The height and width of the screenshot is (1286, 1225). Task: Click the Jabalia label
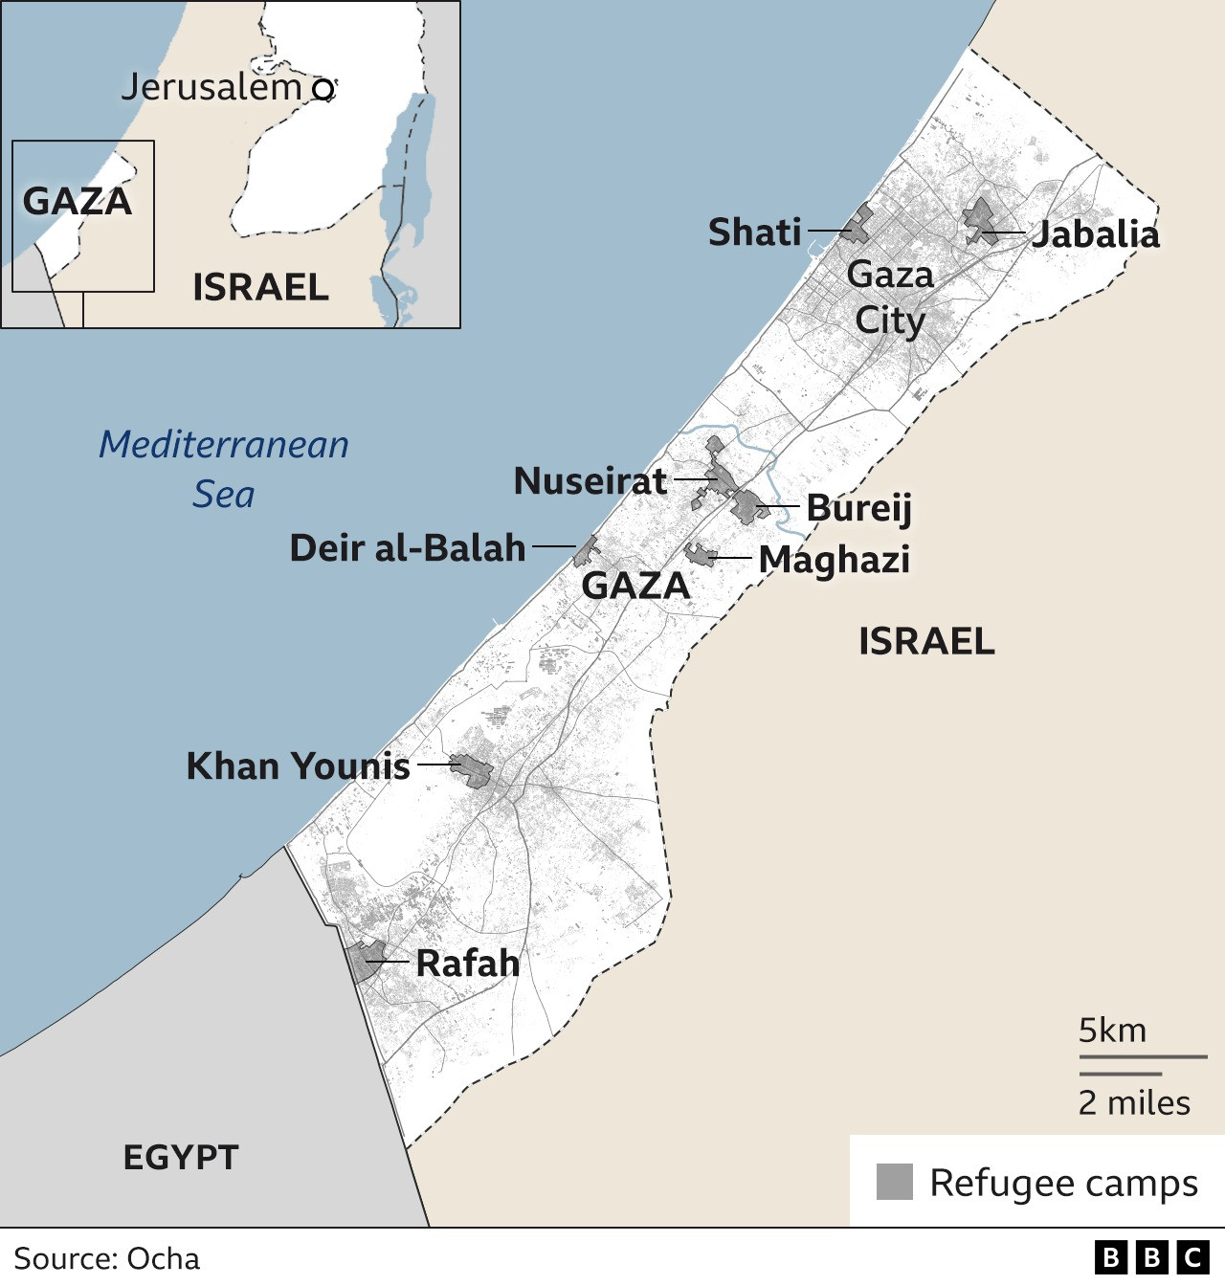pos(1095,234)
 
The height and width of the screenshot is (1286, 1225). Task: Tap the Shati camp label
pos(754,233)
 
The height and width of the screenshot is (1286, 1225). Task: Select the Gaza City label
pos(890,298)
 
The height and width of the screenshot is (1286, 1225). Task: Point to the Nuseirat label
pos(590,480)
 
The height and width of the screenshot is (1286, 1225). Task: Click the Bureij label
pos(858,507)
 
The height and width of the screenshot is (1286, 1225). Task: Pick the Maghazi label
pos(834,560)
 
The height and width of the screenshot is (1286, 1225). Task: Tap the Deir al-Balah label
pos(408,548)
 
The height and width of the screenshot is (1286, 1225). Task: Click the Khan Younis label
pos(298,766)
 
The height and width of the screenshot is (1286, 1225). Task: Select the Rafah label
pos(467,964)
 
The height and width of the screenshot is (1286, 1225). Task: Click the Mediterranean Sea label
pos(224,469)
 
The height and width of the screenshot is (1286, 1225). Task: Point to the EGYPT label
pos(180,1158)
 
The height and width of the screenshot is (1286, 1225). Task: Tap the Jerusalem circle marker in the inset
pos(323,90)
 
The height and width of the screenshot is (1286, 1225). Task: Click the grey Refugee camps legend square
pos(895,1182)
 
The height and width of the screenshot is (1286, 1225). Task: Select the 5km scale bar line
pos(1143,1057)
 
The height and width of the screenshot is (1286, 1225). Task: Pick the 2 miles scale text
pos(1134,1103)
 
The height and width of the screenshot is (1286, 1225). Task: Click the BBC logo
pos(1151,1257)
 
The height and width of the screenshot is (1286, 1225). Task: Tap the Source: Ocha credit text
pos(107,1258)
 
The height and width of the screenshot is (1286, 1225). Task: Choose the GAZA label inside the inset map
pos(77,202)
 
